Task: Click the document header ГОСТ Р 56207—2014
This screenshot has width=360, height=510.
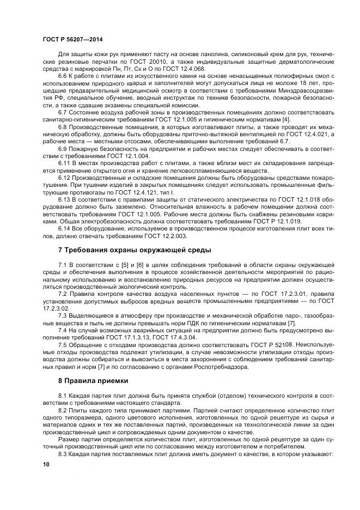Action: (x=72, y=40)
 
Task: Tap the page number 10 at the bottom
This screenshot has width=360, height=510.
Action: (x=46, y=464)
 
